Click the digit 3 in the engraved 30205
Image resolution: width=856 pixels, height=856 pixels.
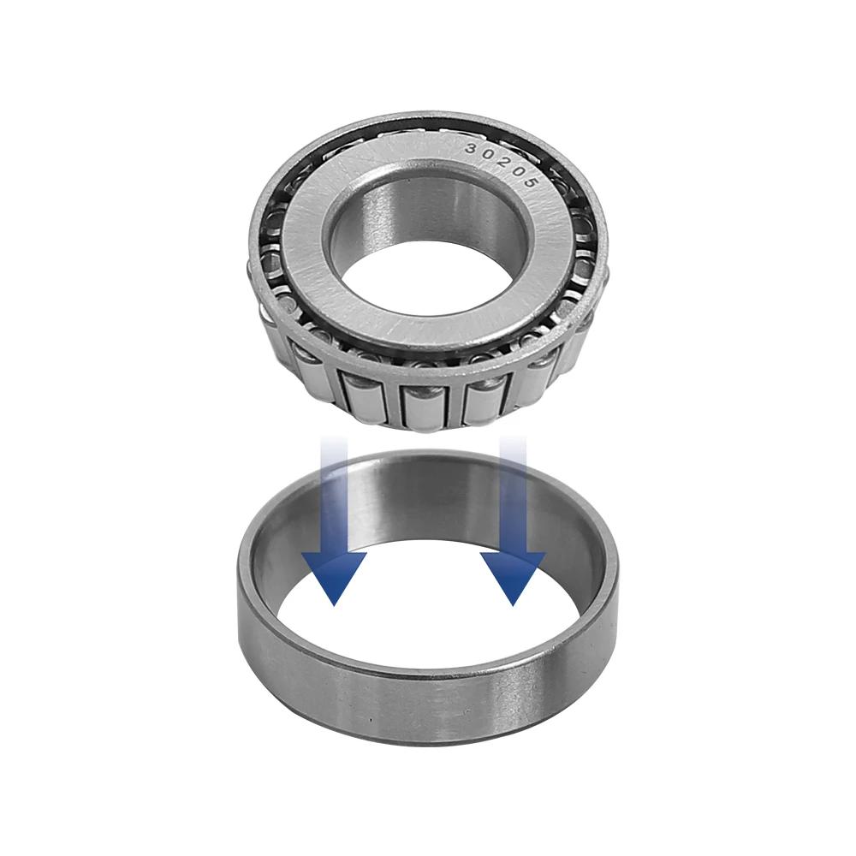471,148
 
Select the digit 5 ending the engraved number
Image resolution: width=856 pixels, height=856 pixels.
530,183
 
